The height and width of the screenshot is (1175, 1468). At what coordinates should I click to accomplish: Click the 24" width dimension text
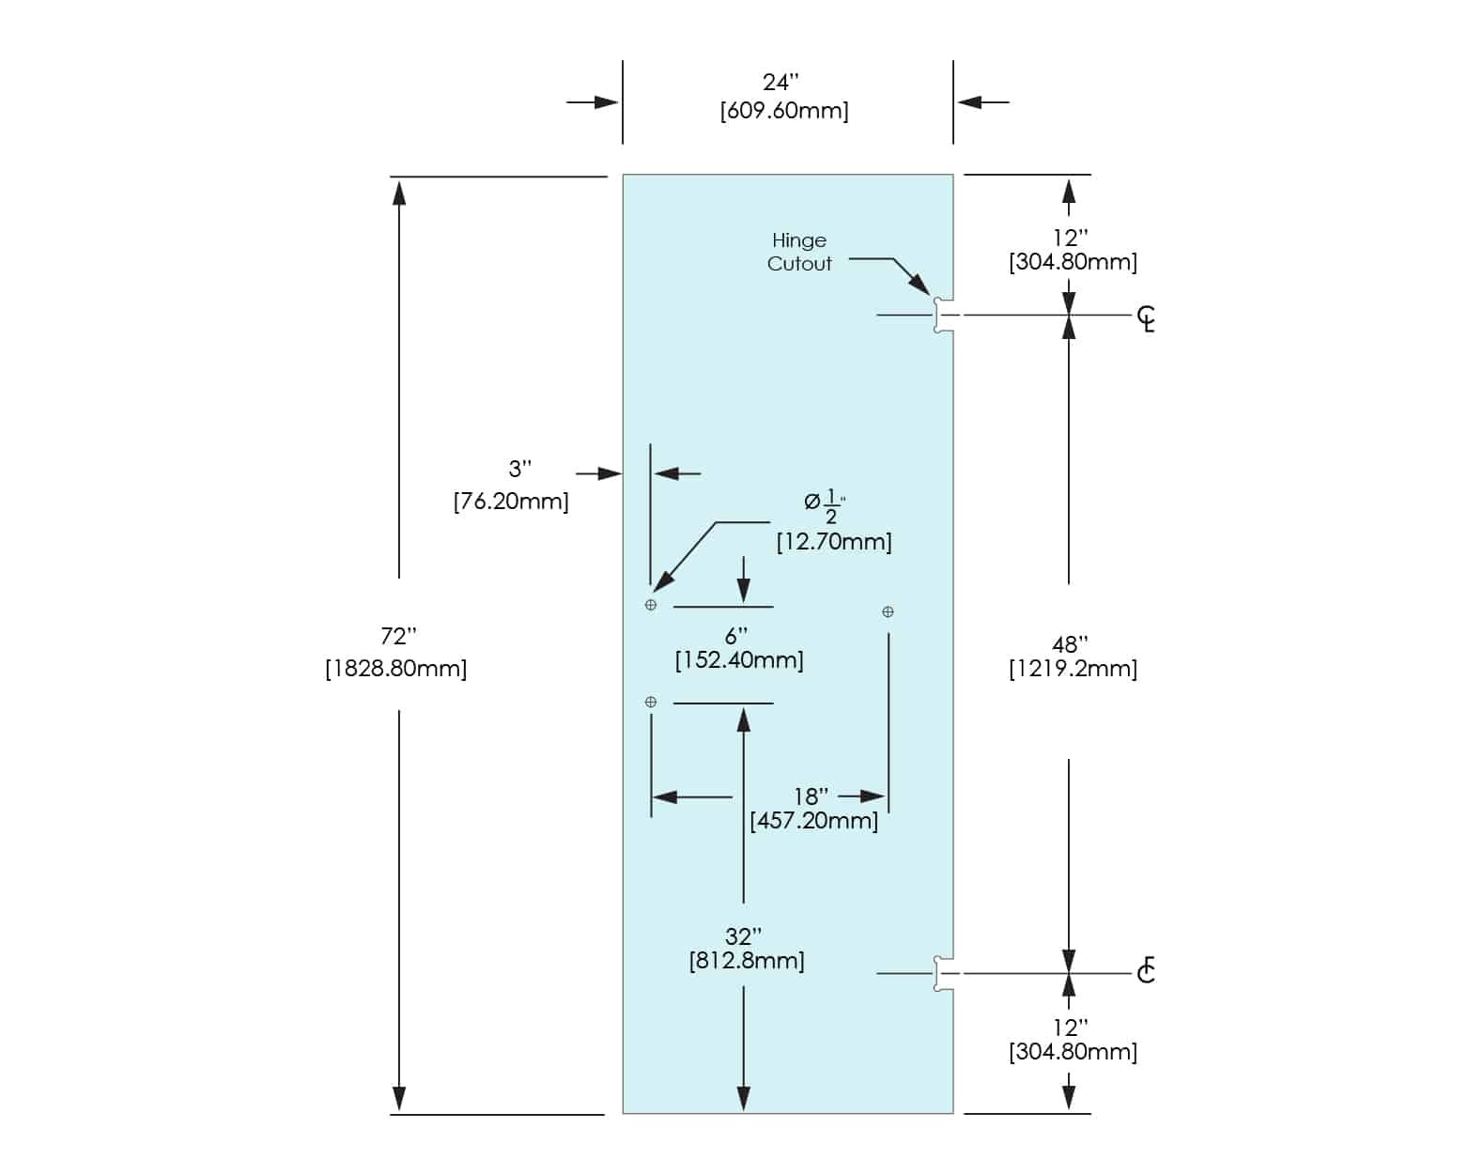pyautogui.click(x=780, y=83)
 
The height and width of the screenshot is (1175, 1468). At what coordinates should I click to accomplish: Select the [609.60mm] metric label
pyautogui.click(x=784, y=111)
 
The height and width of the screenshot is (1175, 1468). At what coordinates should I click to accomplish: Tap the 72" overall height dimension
pyautogui.click(x=398, y=637)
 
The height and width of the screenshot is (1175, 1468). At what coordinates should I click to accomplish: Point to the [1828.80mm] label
pyautogui.click(x=396, y=669)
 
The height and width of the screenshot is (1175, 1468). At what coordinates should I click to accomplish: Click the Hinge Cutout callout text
pyautogui.click(x=799, y=253)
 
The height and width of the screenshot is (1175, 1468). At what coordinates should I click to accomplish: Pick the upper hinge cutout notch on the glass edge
pyautogui.click(x=943, y=316)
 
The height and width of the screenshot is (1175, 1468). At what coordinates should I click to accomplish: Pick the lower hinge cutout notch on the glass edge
pyautogui.click(x=943, y=973)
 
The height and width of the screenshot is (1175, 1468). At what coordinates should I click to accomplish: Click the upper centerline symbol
pyautogui.click(x=1146, y=318)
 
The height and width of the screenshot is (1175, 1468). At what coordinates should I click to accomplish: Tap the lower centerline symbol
pyautogui.click(x=1146, y=970)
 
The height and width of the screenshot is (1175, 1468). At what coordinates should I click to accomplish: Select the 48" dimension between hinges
pyautogui.click(x=1070, y=645)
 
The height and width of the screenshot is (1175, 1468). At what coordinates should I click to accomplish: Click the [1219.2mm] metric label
pyautogui.click(x=1073, y=669)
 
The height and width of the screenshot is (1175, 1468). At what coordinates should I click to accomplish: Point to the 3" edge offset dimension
pyautogui.click(x=520, y=469)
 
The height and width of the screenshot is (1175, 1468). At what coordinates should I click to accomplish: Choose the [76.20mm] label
pyautogui.click(x=511, y=502)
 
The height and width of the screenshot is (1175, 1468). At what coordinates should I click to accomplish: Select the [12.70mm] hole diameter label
pyautogui.click(x=834, y=542)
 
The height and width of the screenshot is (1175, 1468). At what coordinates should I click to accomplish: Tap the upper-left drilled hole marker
pyautogui.click(x=651, y=605)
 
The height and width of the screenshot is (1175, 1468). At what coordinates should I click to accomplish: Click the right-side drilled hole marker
pyautogui.click(x=888, y=612)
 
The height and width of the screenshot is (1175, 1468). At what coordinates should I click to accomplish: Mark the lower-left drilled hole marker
pyautogui.click(x=651, y=702)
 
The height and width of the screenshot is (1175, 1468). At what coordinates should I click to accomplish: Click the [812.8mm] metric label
pyautogui.click(x=747, y=961)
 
